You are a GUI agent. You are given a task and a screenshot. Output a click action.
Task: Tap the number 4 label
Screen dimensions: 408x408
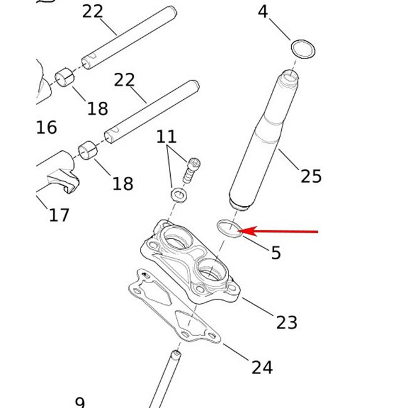[263, 12]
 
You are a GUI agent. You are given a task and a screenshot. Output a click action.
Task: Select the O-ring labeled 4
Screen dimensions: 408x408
[303, 48]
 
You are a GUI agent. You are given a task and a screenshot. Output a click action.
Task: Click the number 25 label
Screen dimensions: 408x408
[311, 176]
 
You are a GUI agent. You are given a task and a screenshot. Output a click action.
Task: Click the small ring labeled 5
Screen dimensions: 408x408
[229, 228]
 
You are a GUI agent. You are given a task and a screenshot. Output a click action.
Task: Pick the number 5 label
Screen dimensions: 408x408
[276, 253]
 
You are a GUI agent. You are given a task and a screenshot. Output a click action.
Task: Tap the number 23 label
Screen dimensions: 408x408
[286, 322]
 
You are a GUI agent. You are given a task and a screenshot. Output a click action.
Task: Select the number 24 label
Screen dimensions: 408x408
[262, 367]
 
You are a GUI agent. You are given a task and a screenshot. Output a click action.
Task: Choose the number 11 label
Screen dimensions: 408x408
[167, 137]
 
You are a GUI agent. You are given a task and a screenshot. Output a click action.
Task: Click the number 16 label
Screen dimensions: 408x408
[46, 127]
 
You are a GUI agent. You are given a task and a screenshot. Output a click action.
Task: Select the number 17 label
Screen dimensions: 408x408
[59, 215]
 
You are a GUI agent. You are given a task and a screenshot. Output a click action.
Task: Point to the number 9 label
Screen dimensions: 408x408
[79, 402]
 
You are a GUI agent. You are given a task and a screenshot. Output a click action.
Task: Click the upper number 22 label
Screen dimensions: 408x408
[93, 11]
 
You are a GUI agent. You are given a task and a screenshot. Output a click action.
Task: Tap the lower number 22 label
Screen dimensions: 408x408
[124, 80]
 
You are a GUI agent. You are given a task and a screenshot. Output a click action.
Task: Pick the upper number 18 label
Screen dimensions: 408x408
[97, 109]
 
